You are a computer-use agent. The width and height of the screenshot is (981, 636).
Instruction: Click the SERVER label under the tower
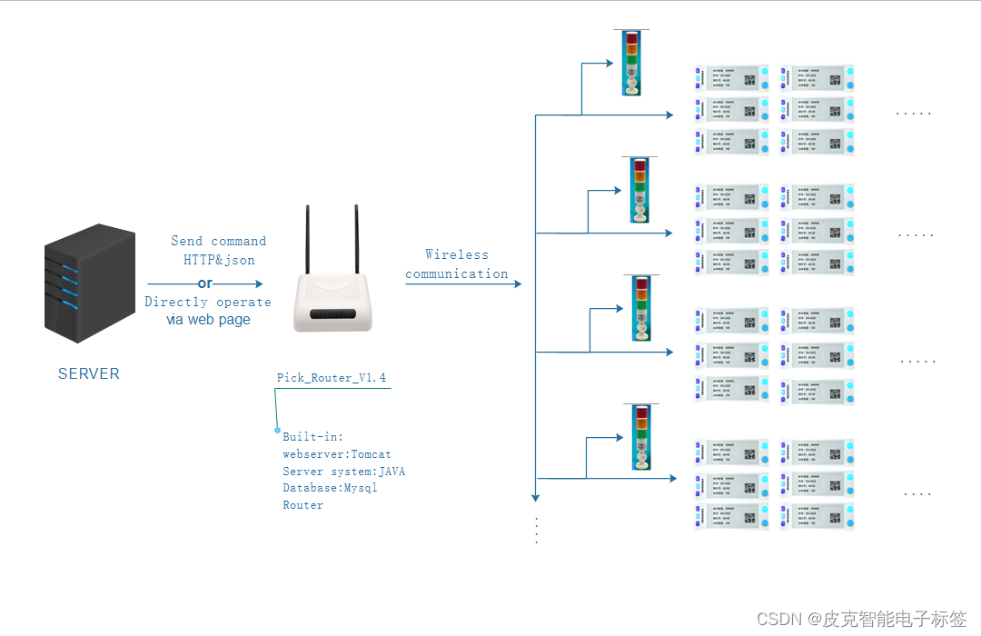pyautogui.click(x=88, y=373)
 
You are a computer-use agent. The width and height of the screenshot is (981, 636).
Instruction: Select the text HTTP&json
pyautogui.click(x=219, y=260)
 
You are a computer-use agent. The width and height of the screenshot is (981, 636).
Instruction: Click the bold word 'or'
pyautogui.click(x=205, y=283)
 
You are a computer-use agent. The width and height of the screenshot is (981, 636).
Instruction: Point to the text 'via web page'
pyautogui.click(x=208, y=320)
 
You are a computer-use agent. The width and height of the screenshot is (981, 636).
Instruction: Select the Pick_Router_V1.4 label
pyautogui.click(x=332, y=377)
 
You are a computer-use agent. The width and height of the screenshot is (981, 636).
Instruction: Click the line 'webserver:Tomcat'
pyautogui.click(x=336, y=454)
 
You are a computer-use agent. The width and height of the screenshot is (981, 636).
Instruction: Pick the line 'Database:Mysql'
pyautogui.click(x=330, y=488)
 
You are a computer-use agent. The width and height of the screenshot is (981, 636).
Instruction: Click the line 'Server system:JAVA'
pyautogui.click(x=343, y=472)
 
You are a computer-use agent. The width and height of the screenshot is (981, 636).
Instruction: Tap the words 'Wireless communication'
pyautogui.click(x=457, y=264)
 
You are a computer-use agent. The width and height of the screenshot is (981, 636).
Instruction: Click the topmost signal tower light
pyautogui.click(x=631, y=62)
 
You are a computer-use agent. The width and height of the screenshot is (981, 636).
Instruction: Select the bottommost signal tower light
pyautogui.click(x=639, y=437)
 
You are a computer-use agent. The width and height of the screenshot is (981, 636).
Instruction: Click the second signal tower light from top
pyautogui.click(x=639, y=189)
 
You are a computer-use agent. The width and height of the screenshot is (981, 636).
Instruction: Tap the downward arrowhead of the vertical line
pyautogui.click(x=536, y=496)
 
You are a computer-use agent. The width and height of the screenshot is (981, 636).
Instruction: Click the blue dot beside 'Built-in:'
pyautogui.click(x=277, y=430)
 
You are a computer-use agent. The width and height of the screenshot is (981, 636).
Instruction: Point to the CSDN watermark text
pyautogui.click(x=860, y=619)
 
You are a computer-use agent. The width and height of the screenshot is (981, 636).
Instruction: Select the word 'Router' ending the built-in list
pyautogui.click(x=302, y=505)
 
